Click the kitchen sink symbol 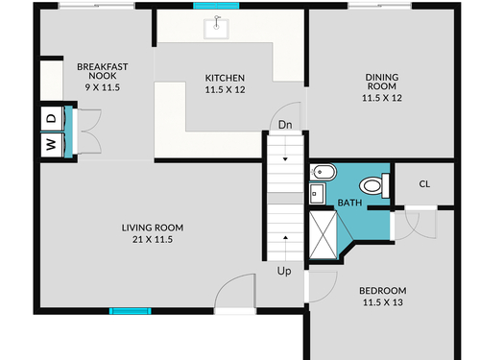217,29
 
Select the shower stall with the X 324,234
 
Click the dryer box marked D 52,119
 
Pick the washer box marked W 52,145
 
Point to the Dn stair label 285,125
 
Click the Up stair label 284,272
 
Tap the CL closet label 424,184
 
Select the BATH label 349,203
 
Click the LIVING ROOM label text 153,228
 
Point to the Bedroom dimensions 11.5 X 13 383,302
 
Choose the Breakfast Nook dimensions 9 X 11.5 103,87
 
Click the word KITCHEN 225,78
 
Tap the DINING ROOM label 382,82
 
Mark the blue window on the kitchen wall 216,6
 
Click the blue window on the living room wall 131,311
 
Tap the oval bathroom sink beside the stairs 323,173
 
